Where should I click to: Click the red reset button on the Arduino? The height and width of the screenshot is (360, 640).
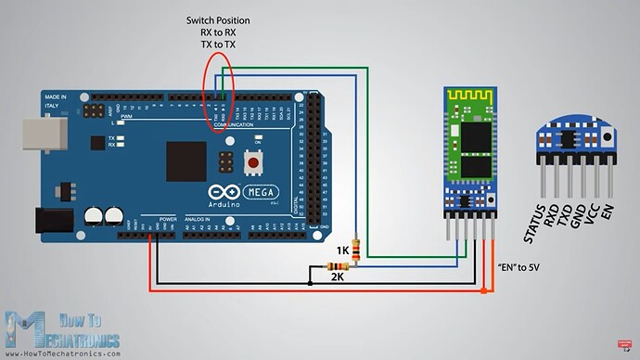(251, 164)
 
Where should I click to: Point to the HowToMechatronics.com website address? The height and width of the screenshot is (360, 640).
(63, 354)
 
